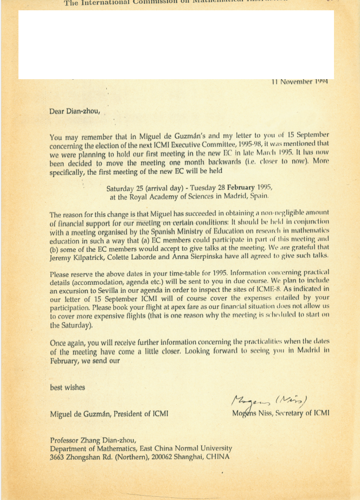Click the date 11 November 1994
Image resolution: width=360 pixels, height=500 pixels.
point(300,82)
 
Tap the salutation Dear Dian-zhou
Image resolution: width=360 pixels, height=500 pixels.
point(74,112)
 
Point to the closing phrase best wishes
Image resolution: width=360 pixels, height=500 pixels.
point(67,387)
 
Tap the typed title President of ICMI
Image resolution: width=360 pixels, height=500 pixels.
point(141,414)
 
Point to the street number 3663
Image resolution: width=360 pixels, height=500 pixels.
point(59,457)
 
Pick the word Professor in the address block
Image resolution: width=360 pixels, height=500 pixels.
point(66,440)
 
